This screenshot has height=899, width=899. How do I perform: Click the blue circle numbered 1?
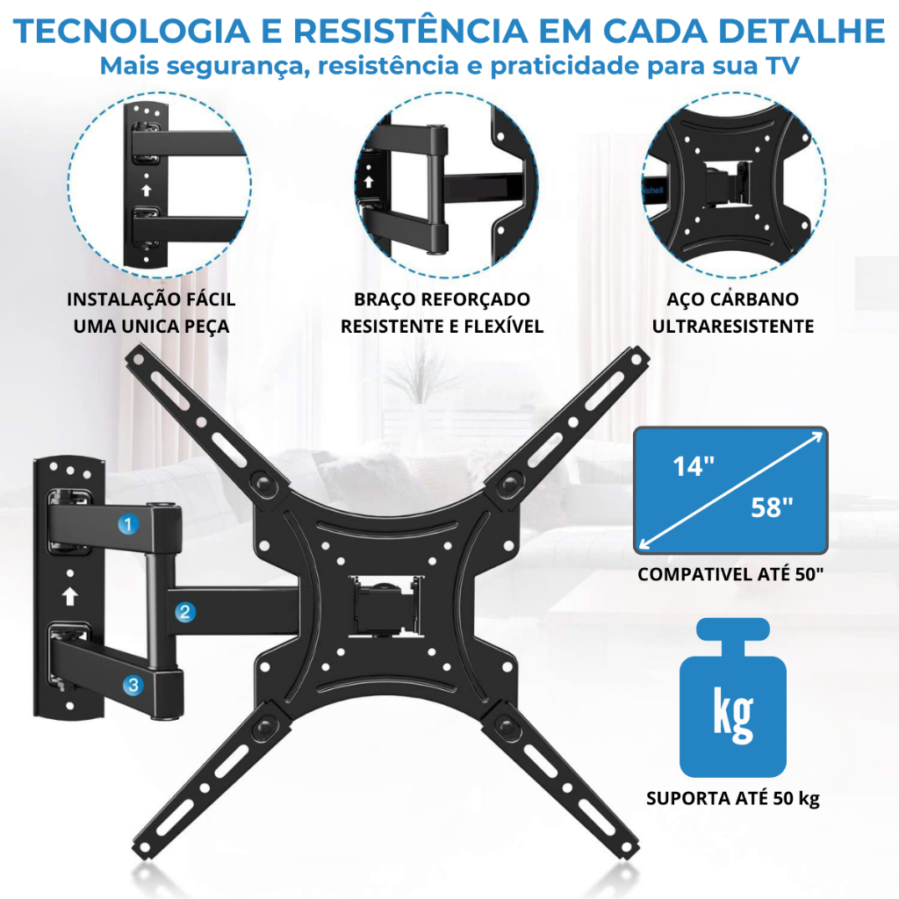click(128, 524)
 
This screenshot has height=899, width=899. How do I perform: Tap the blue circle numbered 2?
click(184, 612)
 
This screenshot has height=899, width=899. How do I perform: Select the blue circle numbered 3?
click(133, 685)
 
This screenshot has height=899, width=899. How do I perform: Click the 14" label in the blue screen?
click(694, 466)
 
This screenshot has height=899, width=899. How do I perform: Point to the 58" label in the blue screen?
click(772, 507)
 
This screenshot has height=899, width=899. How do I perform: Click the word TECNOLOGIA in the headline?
click(132, 31)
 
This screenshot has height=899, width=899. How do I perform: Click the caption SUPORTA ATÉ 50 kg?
click(733, 798)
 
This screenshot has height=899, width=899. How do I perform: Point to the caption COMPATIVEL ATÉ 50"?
click(730, 574)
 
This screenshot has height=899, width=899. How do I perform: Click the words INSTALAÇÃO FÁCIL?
click(151, 299)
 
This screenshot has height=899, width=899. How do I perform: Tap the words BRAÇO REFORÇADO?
click(442, 299)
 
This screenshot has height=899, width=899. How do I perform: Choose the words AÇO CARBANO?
click(733, 299)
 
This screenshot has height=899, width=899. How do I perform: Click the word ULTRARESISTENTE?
click(733, 327)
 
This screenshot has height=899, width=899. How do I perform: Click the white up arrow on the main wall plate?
click(70, 596)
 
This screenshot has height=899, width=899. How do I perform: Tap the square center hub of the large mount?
click(385, 606)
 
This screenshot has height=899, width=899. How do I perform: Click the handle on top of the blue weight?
click(733, 629)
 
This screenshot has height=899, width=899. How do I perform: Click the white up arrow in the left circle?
click(147, 190)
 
